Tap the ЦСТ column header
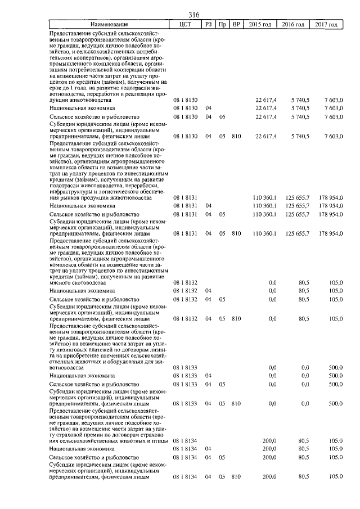(x=186, y=25)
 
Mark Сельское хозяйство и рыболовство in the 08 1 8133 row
(x=94, y=384)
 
